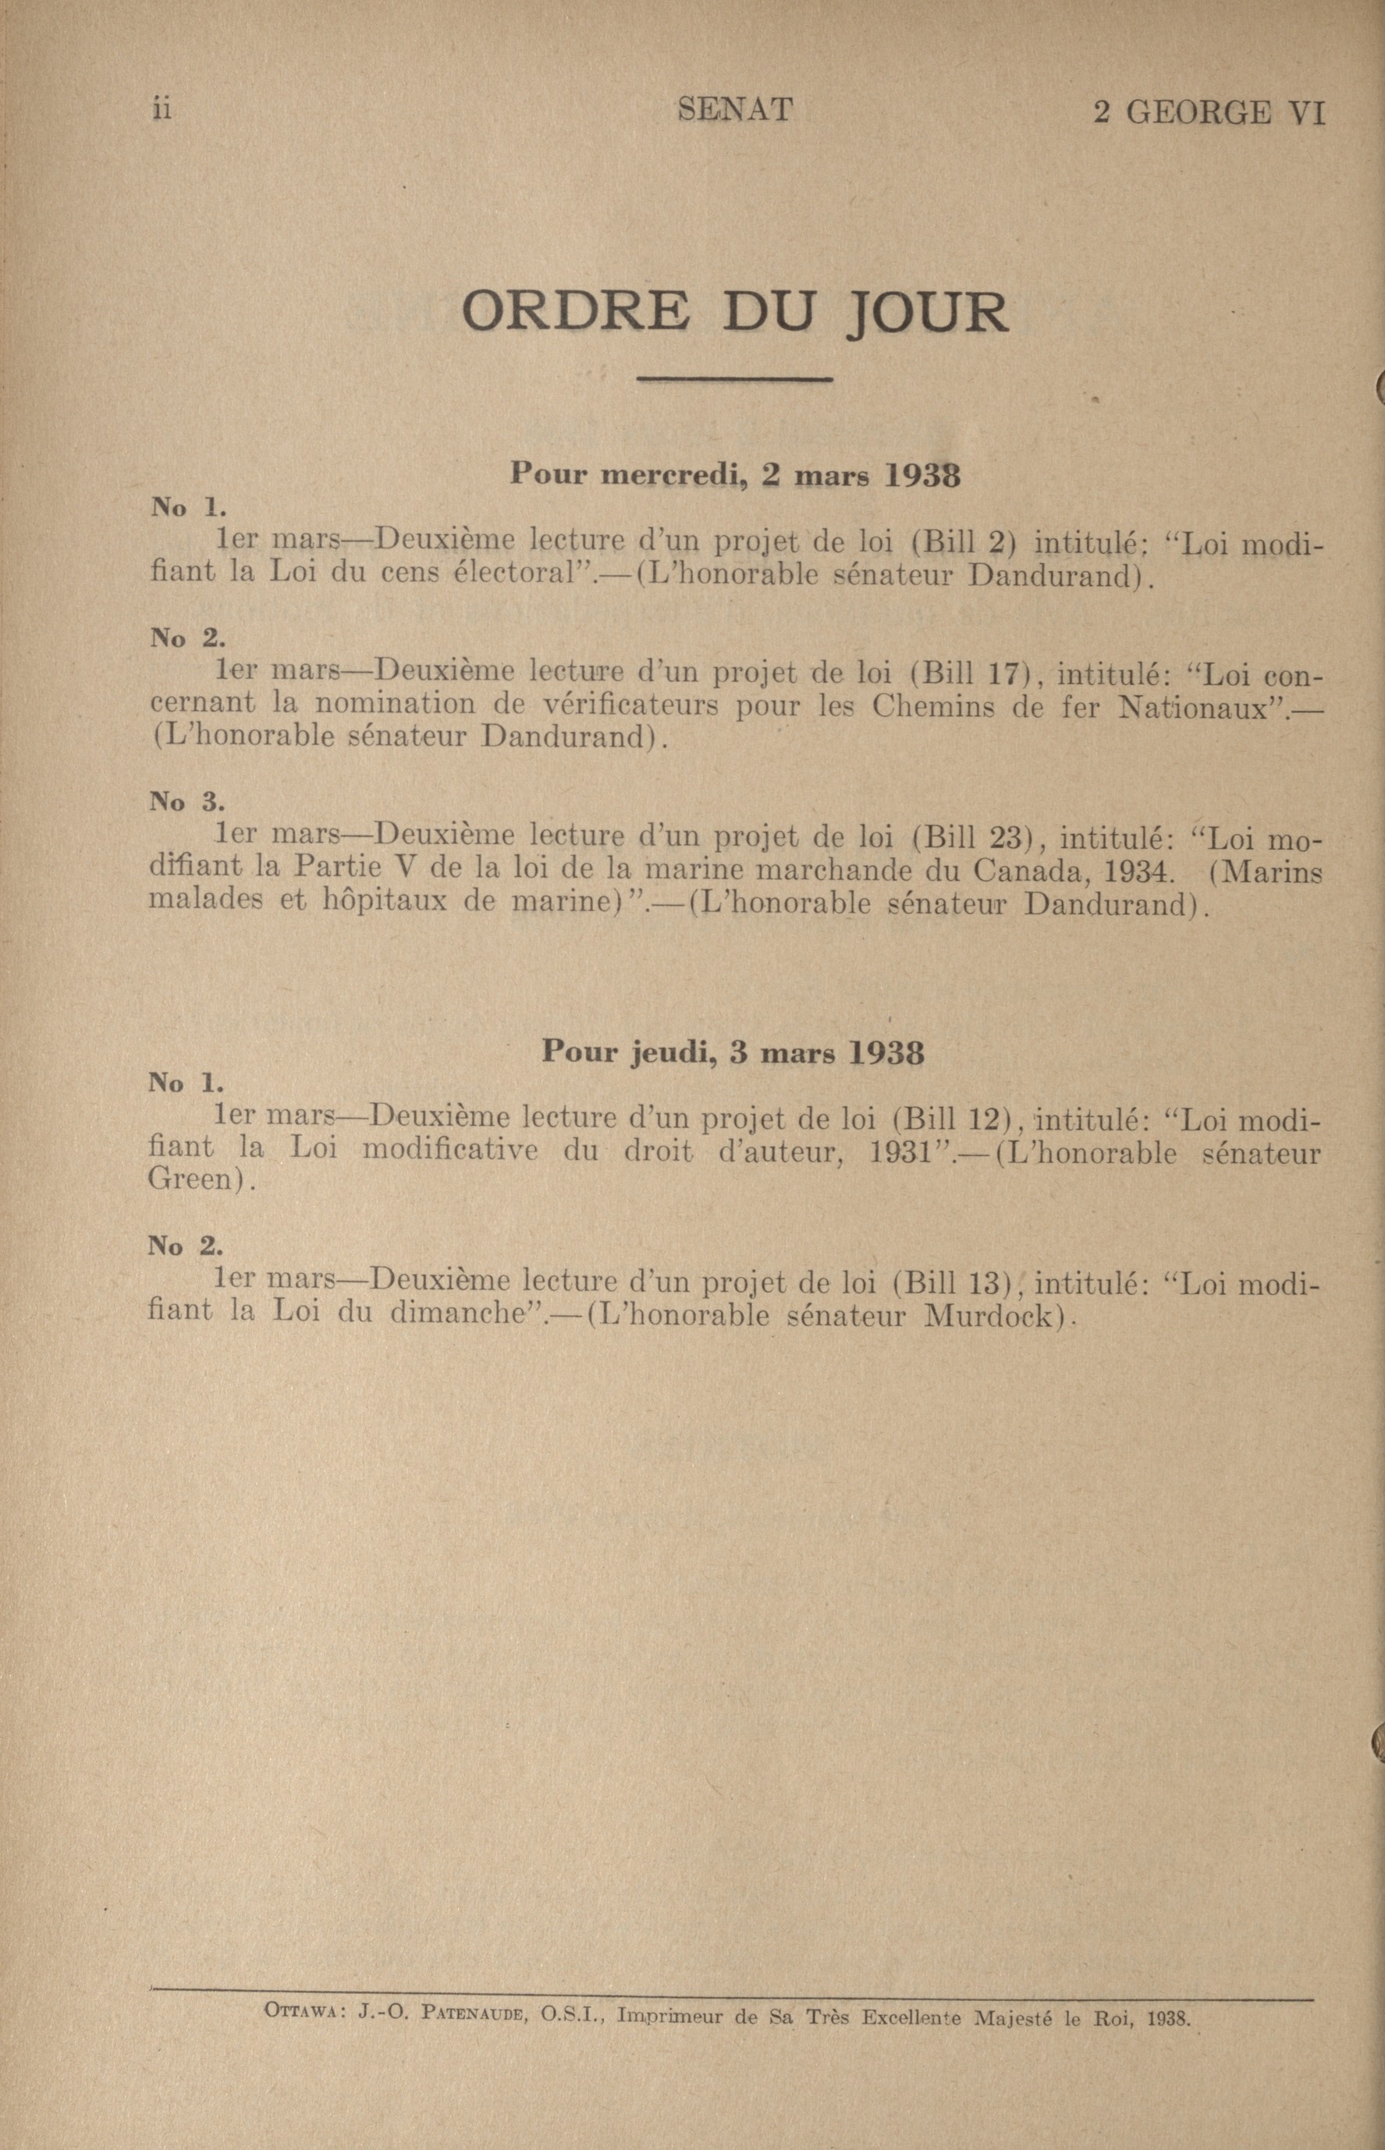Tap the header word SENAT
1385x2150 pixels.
tap(734, 111)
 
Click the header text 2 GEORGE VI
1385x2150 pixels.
tap(1208, 113)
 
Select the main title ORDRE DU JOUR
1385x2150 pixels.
tap(734, 313)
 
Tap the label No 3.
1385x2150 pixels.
tap(187, 801)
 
